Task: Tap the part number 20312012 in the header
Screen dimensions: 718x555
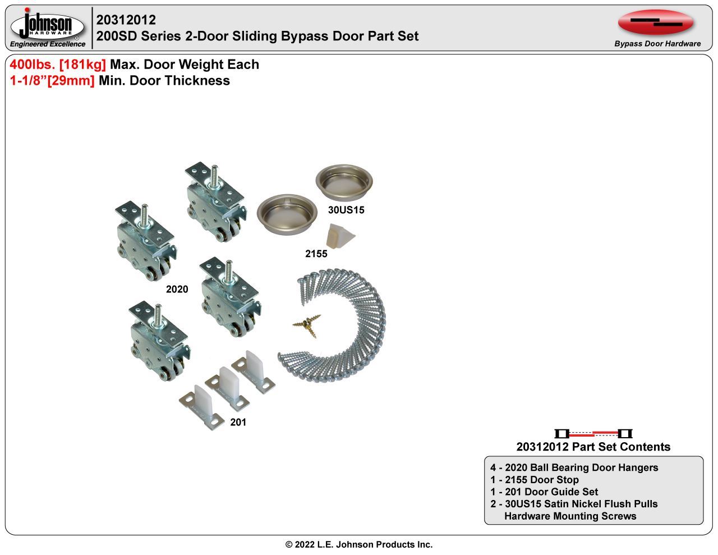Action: point(126,20)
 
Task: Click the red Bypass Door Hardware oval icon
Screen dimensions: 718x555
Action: point(656,22)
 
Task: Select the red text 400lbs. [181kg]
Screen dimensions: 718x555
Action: point(58,65)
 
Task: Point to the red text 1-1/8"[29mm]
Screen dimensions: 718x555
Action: point(52,81)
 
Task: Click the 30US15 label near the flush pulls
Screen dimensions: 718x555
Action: point(346,210)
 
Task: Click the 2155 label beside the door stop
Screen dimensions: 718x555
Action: point(316,254)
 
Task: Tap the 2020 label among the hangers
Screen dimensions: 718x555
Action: point(177,289)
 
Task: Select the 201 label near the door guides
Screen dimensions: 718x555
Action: point(238,422)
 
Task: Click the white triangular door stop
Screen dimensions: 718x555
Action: point(340,236)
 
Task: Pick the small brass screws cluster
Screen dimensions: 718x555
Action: point(307,325)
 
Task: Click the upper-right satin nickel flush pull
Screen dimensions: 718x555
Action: point(344,182)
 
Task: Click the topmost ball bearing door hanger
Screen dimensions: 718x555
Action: point(216,201)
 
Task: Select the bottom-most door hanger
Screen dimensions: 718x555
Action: point(160,341)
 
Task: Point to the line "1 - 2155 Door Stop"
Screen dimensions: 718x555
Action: point(534,480)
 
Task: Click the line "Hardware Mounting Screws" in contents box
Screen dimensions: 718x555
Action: point(570,516)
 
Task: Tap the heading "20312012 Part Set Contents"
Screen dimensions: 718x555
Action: point(593,447)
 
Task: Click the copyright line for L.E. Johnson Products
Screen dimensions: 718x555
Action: point(359,544)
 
